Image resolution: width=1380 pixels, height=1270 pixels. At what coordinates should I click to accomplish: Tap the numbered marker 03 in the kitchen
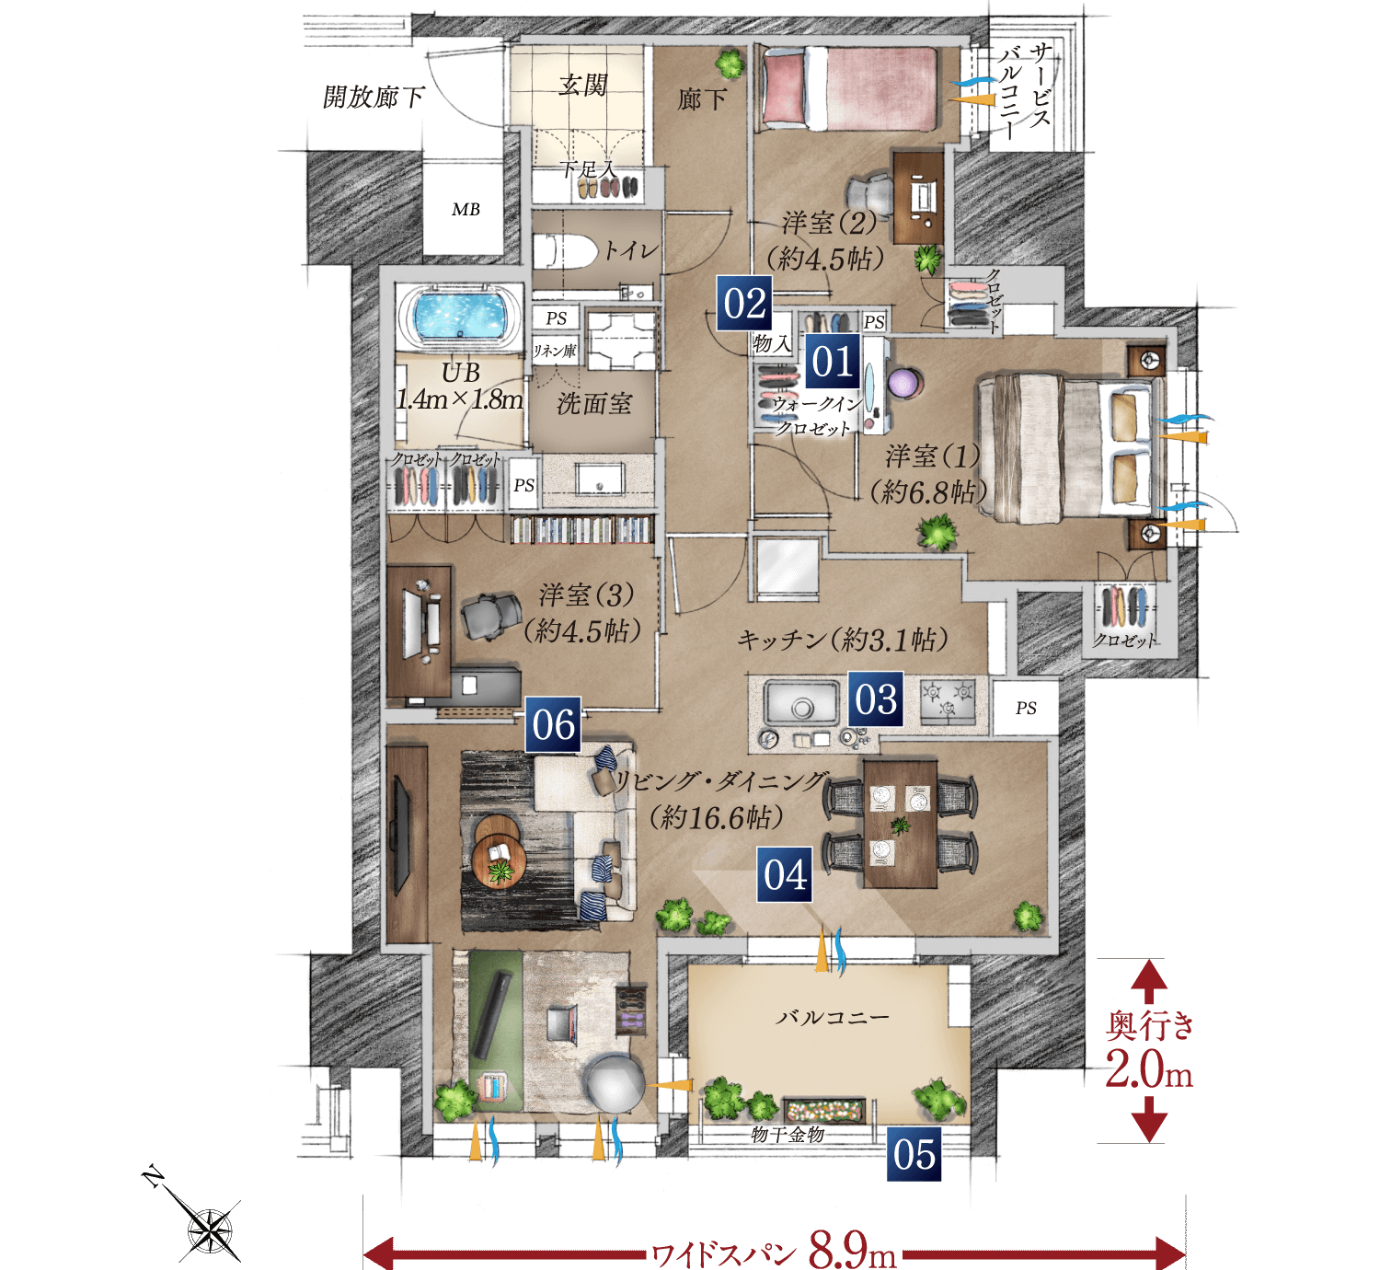(875, 698)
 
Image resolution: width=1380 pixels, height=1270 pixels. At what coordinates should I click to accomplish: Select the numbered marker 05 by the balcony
(914, 1154)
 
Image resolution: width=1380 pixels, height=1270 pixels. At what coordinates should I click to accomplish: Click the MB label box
(466, 209)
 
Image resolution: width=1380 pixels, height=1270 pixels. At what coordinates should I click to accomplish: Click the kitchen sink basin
(802, 703)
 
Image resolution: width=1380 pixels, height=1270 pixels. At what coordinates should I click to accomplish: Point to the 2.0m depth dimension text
(1148, 1071)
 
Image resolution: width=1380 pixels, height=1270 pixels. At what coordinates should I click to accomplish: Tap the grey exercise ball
(614, 1083)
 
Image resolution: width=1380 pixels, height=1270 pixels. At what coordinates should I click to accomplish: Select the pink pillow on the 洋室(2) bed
(784, 88)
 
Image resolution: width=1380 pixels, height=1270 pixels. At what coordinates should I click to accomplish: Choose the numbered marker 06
(553, 724)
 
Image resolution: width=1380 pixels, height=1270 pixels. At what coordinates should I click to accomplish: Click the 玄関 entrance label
(582, 86)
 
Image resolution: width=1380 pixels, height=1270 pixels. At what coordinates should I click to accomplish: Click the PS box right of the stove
(1026, 708)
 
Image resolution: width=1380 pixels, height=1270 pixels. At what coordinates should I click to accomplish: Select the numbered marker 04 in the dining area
(784, 874)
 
